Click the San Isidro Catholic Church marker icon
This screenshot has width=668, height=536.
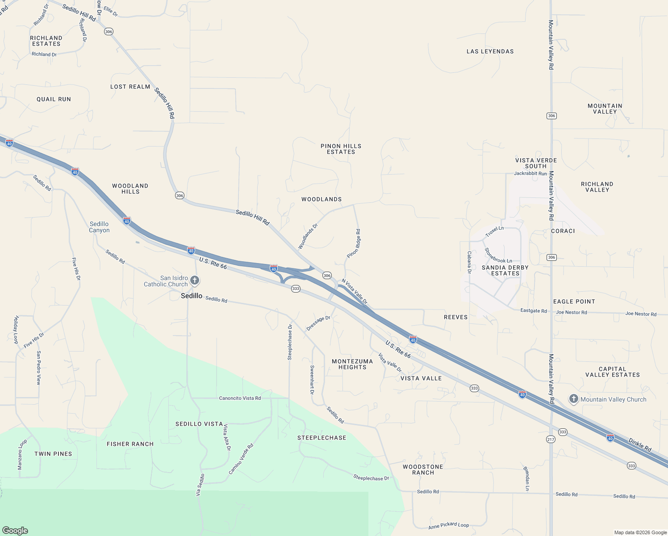[195, 281]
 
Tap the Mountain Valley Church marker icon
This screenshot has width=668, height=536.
[574, 399]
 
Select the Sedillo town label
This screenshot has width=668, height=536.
[192, 296]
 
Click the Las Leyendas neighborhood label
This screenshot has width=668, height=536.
[490, 51]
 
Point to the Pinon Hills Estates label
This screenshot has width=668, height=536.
[341, 149]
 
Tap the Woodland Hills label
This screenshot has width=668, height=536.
[130, 188]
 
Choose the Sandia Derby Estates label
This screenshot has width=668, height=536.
[505, 270]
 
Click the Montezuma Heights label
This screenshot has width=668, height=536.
[352, 364]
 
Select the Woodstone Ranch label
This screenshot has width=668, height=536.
[423, 469]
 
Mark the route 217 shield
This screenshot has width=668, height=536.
[550, 440]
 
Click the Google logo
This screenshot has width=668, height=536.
[15, 531]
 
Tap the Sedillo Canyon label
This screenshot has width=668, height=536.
[99, 227]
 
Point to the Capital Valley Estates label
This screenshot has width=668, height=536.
[613, 372]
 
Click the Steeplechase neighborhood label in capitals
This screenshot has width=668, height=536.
[322, 438]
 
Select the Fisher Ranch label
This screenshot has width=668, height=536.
[130, 444]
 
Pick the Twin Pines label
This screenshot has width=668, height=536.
[53, 454]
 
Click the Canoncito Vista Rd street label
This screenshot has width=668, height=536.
[240, 398]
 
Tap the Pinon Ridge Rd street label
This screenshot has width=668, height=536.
[354, 243]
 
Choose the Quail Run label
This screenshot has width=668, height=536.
[54, 99]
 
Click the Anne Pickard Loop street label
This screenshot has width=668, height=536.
[448, 526]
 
